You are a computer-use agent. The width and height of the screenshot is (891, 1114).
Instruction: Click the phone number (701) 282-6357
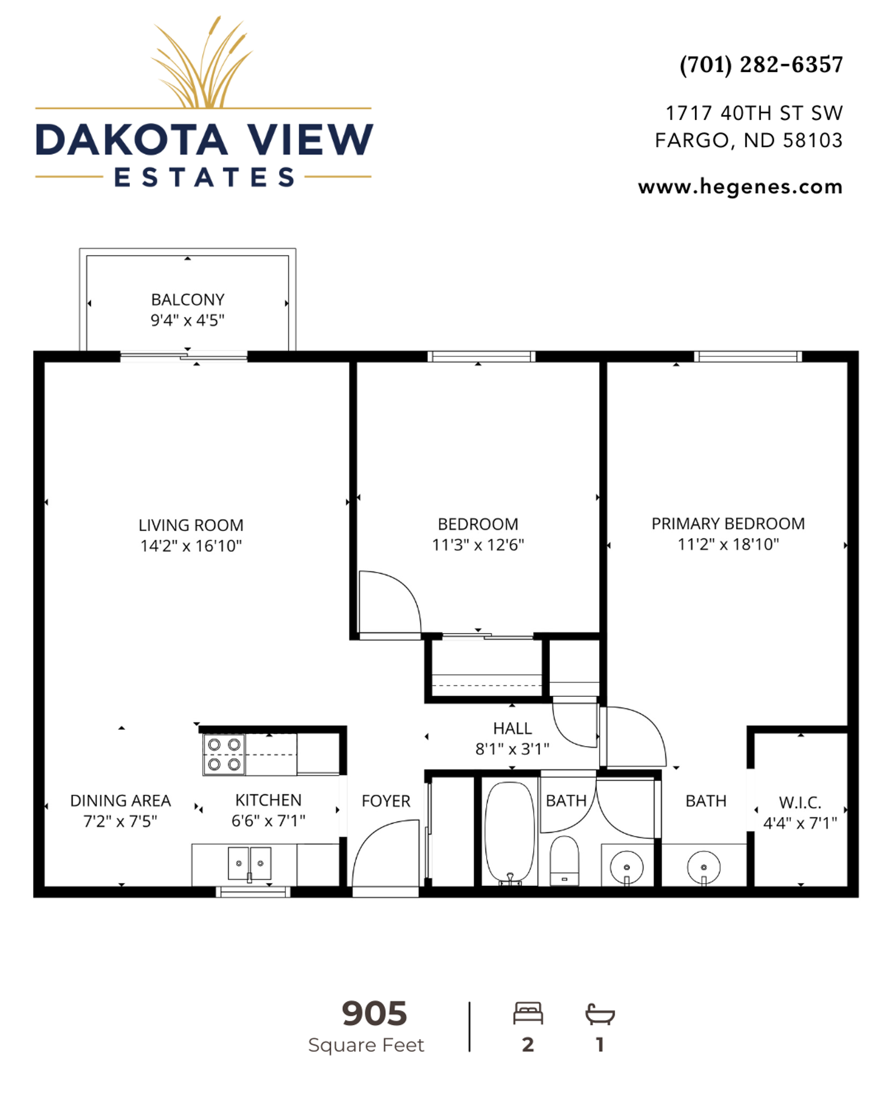coord(761,64)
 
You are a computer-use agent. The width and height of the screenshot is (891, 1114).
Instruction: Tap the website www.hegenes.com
coord(740,187)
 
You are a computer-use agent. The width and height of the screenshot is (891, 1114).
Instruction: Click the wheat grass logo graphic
coord(202,64)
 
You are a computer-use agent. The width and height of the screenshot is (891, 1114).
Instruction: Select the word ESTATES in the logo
coord(204,177)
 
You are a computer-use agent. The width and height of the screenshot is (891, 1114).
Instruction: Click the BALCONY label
coord(187,299)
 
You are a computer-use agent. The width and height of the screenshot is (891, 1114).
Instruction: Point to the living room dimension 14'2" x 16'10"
coord(191,546)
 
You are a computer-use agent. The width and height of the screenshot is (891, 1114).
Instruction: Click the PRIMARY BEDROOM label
coord(727,523)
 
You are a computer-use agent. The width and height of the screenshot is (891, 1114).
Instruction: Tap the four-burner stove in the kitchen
coord(224,754)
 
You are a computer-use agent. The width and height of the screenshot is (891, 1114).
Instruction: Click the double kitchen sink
coord(249,864)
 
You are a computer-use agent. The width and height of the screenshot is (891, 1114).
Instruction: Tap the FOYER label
coord(386,801)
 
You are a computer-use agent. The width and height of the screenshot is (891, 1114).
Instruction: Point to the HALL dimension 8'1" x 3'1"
coord(512,749)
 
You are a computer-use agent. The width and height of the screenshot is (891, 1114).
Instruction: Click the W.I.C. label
coord(799,802)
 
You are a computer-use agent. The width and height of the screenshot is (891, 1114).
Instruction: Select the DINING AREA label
coord(120,801)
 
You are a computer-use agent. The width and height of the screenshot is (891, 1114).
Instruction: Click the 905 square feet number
coord(374,1014)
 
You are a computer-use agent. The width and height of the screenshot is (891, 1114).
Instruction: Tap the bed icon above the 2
coord(527,1014)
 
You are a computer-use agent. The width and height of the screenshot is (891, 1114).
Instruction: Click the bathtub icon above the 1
coord(599,1014)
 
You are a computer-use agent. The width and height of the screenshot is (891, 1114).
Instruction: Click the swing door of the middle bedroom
coord(389,603)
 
